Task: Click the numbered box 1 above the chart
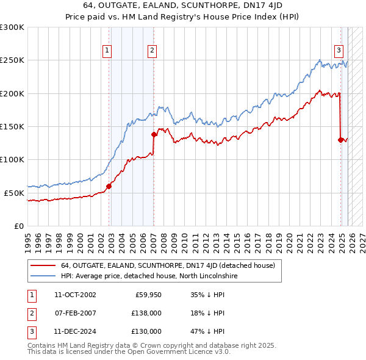click(107, 51)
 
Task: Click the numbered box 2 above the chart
click(151, 51)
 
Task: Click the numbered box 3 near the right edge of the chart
click(339, 51)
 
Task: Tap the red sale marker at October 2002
click(109, 186)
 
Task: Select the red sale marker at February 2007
click(154, 135)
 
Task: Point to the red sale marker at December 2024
click(340, 140)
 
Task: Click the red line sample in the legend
click(43, 266)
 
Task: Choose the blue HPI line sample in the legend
click(43, 276)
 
